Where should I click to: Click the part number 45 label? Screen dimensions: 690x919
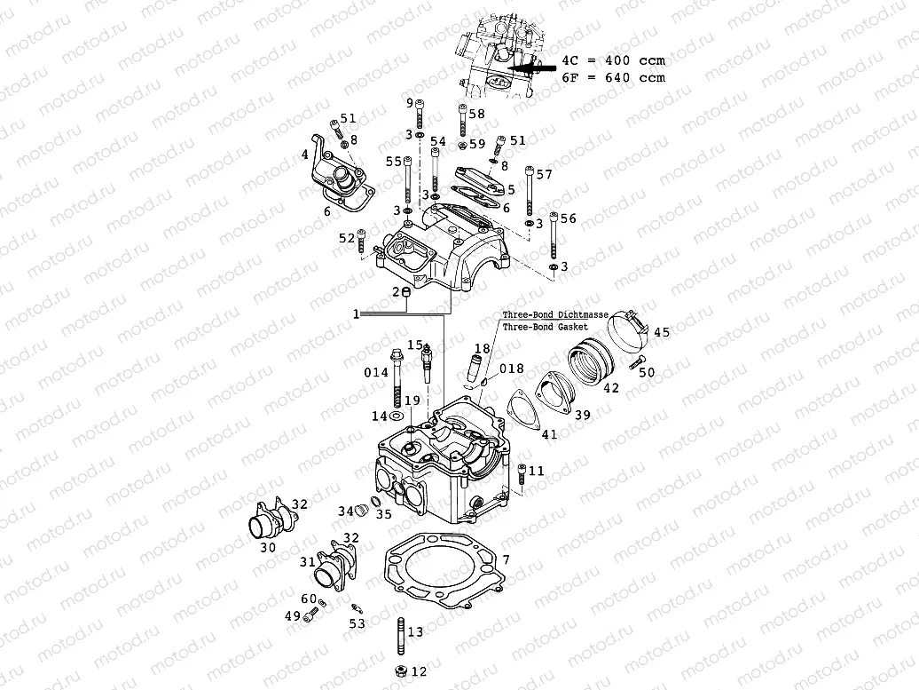662,332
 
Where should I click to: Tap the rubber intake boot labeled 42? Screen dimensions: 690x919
590,360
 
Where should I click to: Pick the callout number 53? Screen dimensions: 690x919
357,624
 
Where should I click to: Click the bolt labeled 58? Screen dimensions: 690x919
463,122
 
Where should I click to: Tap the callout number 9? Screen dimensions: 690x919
410,104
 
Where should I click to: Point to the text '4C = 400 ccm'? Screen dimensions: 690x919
613,60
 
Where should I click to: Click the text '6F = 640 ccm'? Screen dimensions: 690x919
613,77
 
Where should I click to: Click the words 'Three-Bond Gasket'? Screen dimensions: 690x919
545,326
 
